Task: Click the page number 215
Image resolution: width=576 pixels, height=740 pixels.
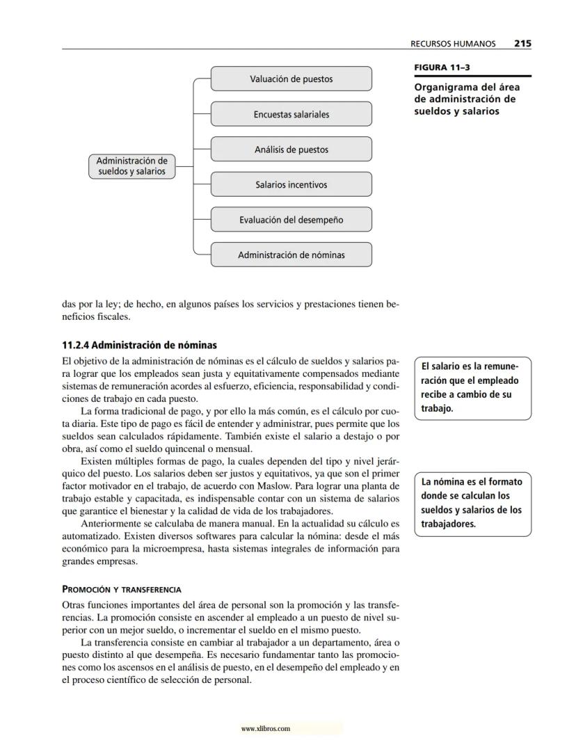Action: (522, 43)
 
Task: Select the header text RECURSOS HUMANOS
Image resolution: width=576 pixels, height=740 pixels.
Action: (454, 44)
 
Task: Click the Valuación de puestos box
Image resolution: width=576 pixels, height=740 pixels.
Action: (291, 79)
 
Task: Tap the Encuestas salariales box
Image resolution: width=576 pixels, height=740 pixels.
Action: (291, 114)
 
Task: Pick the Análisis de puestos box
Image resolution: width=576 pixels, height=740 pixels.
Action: (291, 150)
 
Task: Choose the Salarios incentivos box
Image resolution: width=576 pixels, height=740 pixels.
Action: (291, 185)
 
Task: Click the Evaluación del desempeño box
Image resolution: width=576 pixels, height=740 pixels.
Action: (291, 220)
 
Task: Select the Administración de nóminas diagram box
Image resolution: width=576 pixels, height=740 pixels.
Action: (291, 255)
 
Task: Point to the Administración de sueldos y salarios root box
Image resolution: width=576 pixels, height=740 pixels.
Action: (131, 166)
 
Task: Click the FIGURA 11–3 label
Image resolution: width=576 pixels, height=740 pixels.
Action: (440, 68)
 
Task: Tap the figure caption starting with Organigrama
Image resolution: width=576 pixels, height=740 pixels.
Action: (467, 99)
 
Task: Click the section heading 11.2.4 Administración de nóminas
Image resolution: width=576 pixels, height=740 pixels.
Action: (140, 345)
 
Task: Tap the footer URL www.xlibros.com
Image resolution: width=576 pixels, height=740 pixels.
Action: (265, 729)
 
